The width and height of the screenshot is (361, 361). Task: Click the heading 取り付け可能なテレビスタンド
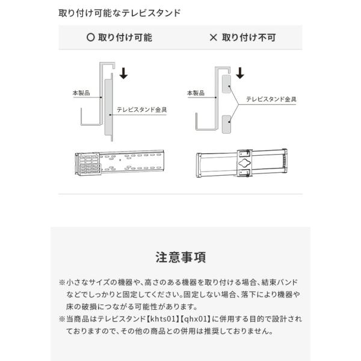click(119, 13)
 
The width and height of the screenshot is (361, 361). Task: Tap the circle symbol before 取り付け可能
click(90, 37)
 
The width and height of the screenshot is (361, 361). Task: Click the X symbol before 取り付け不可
click(213, 37)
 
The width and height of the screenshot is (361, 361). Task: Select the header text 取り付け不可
click(248, 37)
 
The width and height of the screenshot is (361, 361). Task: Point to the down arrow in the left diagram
click(123, 73)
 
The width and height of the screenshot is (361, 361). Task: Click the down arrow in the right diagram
click(240, 73)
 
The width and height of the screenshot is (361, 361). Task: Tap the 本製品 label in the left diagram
click(81, 93)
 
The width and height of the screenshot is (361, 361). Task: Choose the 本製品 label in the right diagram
click(196, 93)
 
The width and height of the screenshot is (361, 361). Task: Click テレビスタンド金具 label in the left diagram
click(141, 110)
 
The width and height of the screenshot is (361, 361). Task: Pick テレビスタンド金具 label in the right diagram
click(271, 99)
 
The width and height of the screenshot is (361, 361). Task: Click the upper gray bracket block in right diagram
click(226, 84)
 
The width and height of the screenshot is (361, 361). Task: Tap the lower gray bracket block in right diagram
click(226, 125)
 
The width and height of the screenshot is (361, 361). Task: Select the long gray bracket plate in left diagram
click(108, 107)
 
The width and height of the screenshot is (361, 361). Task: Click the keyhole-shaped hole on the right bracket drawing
click(244, 163)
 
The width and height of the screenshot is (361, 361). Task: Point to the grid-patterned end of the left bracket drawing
click(88, 164)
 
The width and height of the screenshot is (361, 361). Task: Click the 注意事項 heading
click(180, 257)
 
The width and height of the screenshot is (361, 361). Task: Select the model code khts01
click(163, 319)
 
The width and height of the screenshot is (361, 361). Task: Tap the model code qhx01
click(196, 319)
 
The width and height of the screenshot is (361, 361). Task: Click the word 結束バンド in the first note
click(279, 282)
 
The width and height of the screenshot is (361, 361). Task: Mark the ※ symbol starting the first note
click(62, 282)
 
